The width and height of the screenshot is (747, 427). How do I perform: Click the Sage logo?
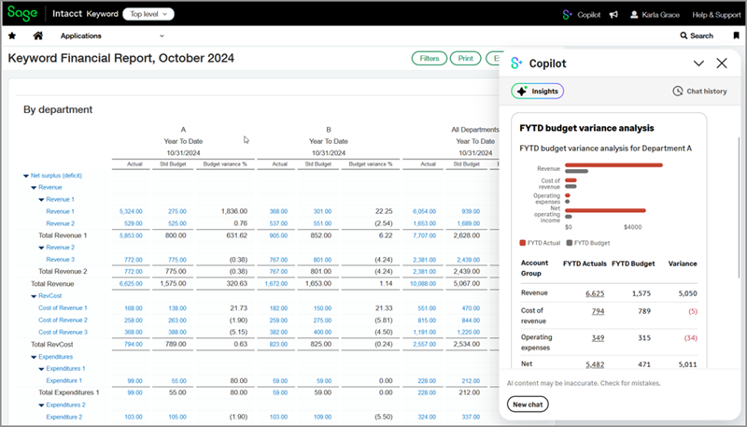(24, 14)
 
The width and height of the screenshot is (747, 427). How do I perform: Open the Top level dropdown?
(148, 15)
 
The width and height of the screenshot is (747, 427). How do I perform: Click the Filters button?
(429, 58)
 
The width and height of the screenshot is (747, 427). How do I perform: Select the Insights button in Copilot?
(537, 91)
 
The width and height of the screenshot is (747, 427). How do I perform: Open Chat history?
(699, 91)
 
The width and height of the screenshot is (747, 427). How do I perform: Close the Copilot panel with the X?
(722, 64)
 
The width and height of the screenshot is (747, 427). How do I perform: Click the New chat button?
(529, 405)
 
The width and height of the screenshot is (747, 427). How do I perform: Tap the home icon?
(38, 36)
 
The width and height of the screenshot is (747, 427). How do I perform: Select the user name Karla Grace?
(655, 15)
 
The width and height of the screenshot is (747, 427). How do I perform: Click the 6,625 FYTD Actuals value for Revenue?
(595, 293)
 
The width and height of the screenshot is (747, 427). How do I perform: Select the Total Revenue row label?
(52, 282)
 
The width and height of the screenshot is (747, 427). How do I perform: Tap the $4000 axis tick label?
(632, 227)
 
